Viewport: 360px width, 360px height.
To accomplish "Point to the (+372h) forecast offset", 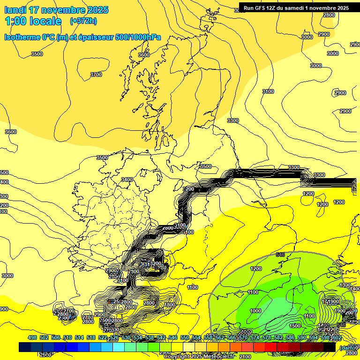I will tap(83, 21).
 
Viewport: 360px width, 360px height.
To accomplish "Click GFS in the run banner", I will tap(261, 7).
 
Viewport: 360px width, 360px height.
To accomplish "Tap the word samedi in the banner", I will tap(300, 7).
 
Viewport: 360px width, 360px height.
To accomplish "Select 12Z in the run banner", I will tap(274, 7).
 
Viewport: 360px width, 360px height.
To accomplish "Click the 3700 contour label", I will tap(96, 75).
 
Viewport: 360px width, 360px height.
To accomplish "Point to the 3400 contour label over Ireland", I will tap(127, 180).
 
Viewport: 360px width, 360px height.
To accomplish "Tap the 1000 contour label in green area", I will tap(255, 311).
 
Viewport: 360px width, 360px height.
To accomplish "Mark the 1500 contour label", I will tap(295, 326).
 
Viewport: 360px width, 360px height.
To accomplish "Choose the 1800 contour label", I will tap(170, 305).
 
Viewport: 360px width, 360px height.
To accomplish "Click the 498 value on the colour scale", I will tap(32, 337).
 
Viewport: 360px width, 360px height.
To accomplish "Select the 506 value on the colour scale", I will tap(56, 337).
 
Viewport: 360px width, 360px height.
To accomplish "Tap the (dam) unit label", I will tap(347, 347).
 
